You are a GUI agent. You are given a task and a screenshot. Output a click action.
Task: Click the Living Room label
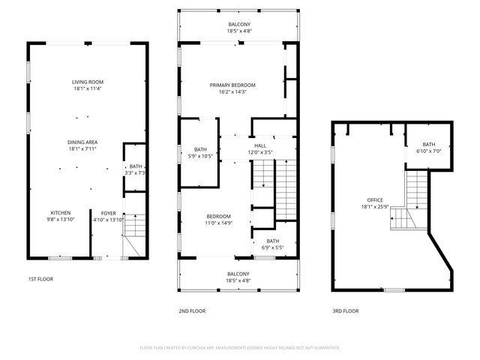pos(87,82)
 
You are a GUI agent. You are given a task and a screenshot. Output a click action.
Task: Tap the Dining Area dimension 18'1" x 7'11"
pos(87,148)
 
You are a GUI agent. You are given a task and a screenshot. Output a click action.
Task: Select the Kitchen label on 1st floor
pos(61,212)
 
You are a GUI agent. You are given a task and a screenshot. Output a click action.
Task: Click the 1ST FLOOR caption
pos(41,279)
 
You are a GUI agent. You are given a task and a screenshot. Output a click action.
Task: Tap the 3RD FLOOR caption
pos(346,310)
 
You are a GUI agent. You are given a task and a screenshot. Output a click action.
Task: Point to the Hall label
pos(260,145)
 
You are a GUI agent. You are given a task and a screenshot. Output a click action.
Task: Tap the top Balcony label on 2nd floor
pos(238,25)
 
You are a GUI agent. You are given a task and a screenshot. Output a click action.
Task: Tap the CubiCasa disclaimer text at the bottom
pos(240,348)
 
